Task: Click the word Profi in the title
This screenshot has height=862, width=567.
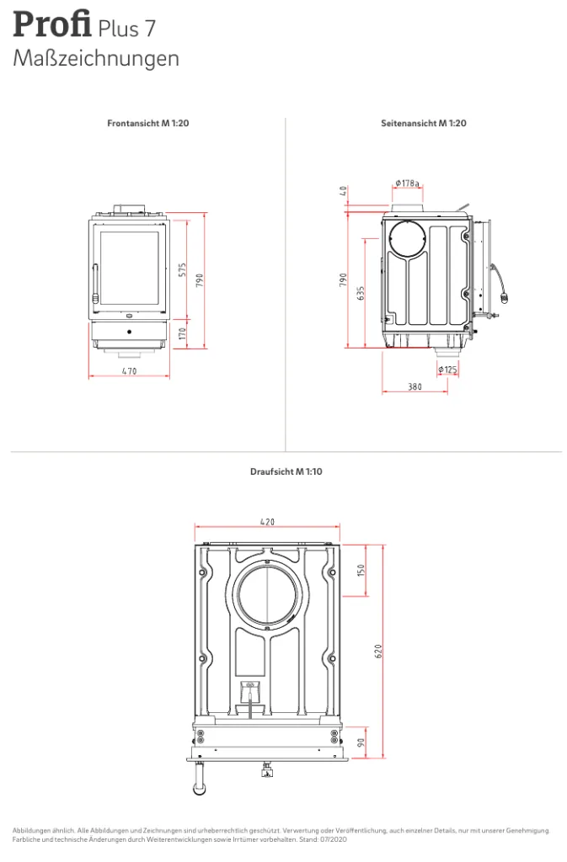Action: point(52,24)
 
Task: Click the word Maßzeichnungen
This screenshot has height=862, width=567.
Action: point(96,58)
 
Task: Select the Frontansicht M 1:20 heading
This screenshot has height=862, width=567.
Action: point(148,123)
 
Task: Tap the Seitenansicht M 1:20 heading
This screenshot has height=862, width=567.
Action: point(424,123)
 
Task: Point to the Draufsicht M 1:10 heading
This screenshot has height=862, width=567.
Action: point(286,471)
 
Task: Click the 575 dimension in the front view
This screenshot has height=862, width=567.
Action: point(183,270)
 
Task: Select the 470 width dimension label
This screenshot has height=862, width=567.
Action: point(129,371)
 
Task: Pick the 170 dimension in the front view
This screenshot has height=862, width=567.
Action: point(183,333)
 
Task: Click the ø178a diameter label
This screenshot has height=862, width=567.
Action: point(408,183)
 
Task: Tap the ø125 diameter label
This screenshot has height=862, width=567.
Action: point(447,370)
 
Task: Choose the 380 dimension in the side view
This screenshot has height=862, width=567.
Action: point(415,386)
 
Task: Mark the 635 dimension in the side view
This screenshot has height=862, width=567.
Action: point(361,293)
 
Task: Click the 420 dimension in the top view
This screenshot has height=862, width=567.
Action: point(267,521)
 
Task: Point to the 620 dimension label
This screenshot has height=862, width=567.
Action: point(377,652)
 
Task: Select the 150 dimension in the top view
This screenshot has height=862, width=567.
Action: point(361,571)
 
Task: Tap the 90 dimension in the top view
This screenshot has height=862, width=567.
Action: point(361,742)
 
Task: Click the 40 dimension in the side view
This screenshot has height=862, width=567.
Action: point(343,191)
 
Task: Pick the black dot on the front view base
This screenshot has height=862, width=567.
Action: point(129,332)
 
